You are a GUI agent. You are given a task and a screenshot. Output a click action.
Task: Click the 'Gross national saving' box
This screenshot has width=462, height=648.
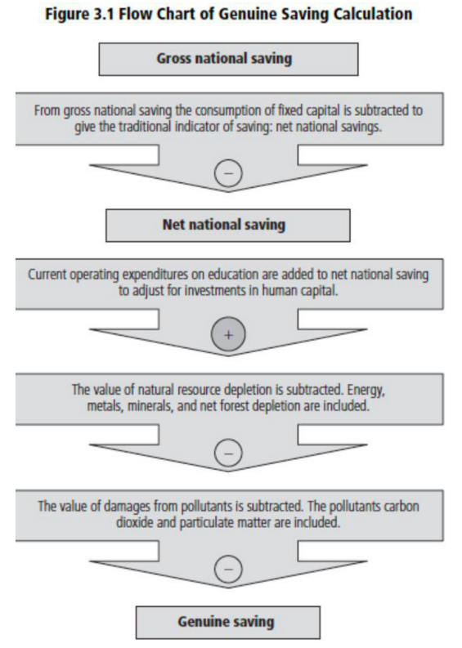click(228, 59)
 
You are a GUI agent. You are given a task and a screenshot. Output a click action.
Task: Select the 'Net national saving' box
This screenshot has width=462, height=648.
click(228, 226)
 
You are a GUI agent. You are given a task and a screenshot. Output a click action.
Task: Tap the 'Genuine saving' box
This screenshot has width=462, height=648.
click(228, 623)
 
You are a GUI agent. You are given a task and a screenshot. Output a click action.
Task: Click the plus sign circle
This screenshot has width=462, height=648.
click(228, 334)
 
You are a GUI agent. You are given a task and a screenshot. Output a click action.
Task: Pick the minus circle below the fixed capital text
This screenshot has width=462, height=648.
click(228, 172)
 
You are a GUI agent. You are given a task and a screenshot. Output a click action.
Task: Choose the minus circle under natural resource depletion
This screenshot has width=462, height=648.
click(228, 454)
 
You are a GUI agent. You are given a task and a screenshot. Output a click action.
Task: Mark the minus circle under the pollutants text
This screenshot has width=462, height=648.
click(228, 569)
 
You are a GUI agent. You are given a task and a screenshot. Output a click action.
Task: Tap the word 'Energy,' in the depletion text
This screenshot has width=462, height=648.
click(366, 390)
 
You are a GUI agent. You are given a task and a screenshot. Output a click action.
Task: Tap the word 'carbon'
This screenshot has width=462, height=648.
click(399, 507)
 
